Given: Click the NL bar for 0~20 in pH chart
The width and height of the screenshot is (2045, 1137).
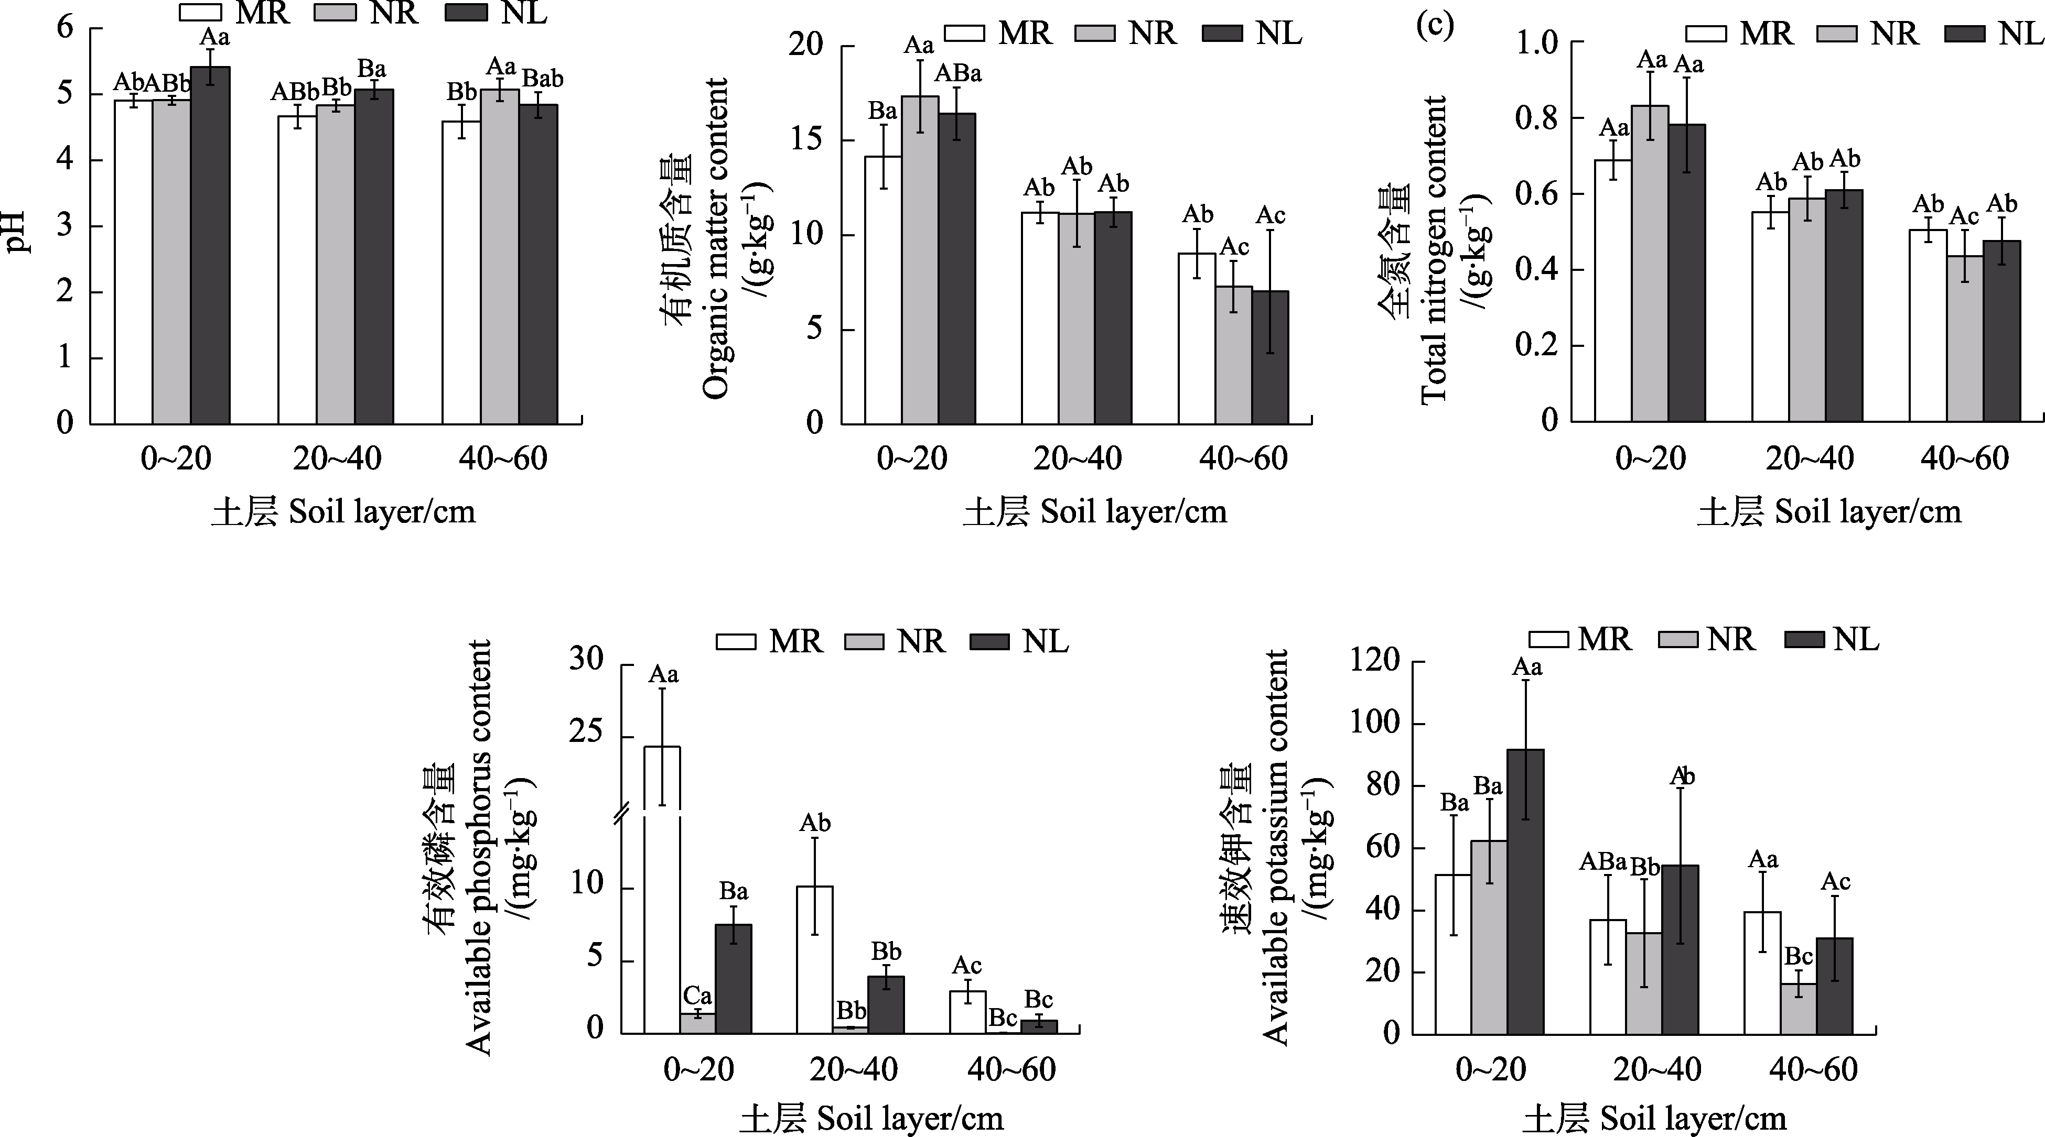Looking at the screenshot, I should click(210, 246).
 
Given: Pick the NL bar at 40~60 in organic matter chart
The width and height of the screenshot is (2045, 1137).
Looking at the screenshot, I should click(1270, 357).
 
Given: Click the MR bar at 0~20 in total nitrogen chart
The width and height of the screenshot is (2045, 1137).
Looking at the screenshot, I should click(1613, 290).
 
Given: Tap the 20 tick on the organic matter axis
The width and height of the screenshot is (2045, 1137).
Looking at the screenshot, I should click(806, 45).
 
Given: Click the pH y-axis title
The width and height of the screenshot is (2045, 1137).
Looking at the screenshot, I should click(17, 230).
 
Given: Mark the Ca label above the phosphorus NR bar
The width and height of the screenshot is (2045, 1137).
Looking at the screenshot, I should click(698, 996).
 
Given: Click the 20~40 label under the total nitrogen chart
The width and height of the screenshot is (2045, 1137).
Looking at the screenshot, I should click(1809, 458).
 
